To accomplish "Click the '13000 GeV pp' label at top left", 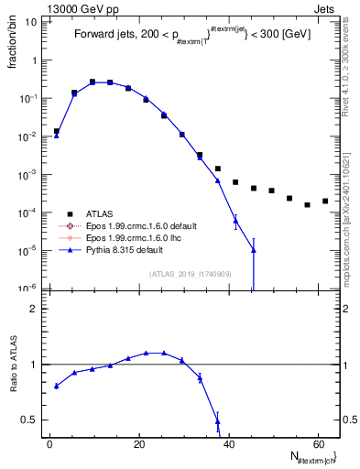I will point(40,7).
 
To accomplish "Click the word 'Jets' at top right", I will point(327,7).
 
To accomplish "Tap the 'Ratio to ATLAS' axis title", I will point(14,365).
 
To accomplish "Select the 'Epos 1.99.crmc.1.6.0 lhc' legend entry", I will point(136,237).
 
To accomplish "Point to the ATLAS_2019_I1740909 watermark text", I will point(191,274).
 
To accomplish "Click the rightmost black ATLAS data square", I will point(325,201).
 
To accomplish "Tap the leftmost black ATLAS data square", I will point(57,131).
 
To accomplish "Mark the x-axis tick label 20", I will point(139,443).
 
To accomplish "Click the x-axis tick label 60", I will point(316,443).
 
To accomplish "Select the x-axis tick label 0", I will point(50,443).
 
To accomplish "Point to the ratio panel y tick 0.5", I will point(31,420).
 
